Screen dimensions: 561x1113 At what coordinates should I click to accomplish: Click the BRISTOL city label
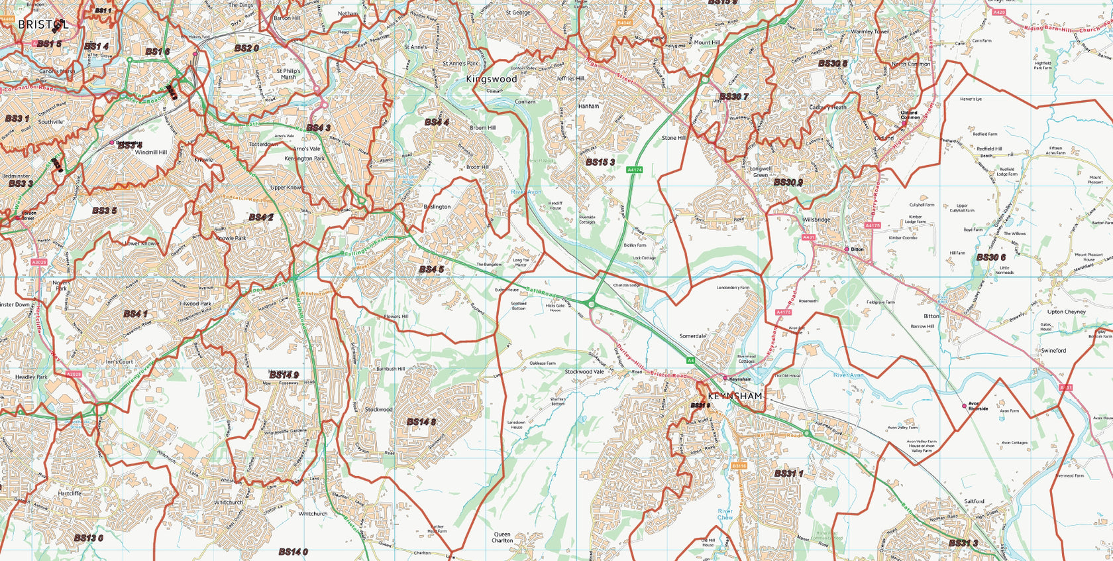pyautogui.click(x=43, y=25)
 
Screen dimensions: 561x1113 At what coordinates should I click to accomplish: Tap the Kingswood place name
pyautogui.click(x=491, y=79)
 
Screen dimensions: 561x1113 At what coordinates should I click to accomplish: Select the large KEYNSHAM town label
pyautogui.click(x=735, y=396)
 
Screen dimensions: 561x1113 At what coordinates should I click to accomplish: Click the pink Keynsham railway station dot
pyautogui.click(x=725, y=379)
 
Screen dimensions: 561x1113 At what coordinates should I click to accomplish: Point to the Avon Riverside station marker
pyautogui.click(x=965, y=406)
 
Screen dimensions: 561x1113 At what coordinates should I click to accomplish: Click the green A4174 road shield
pyautogui.click(x=634, y=170)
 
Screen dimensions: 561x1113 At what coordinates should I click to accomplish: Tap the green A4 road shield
pyautogui.click(x=690, y=360)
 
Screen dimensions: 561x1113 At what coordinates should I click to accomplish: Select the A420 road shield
pyautogui.click(x=999, y=13)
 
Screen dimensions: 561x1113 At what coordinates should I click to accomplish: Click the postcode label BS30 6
pyautogui.click(x=990, y=257)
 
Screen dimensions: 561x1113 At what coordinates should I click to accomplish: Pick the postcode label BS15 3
pyautogui.click(x=600, y=162)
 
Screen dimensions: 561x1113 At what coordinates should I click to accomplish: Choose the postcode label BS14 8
pyautogui.click(x=421, y=422)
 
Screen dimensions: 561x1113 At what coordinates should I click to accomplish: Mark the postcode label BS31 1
pyautogui.click(x=788, y=473)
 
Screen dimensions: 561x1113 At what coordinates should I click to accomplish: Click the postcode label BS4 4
pyautogui.click(x=437, y=122)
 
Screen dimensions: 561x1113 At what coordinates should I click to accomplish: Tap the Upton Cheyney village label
pyautogui.click(x=1066, y=312)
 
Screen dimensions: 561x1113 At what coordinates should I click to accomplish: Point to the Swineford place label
pyautogui.click(x=1053, y=350)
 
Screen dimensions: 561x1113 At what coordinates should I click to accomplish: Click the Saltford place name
pyautogui.click(x=974, y=501)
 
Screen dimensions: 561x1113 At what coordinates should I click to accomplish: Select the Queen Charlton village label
pyautogui.click(x=502, y=537)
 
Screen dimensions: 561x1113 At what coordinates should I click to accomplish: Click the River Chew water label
pyautogui.click(x=725, y=515)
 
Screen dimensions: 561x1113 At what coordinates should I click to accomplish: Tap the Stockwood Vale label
pyautogui.click(x=584, y=372)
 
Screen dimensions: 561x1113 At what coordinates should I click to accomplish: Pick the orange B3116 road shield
pyautogui.click(x=739, y=466)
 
